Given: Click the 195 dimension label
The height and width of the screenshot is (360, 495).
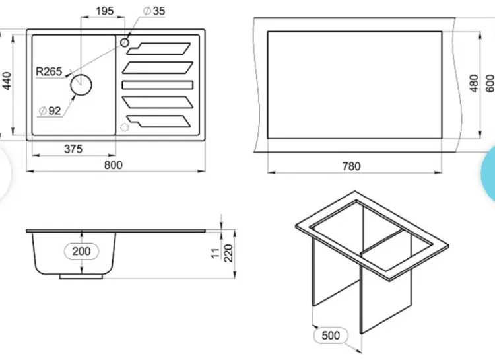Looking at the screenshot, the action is (x=104, y=11).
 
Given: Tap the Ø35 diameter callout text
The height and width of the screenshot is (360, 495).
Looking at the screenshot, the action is (x=154, y=11).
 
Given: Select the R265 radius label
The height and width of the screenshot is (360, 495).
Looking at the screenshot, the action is (x=49, y=71).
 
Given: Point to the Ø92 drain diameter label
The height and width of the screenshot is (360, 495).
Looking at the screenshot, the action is (x=50, y=110).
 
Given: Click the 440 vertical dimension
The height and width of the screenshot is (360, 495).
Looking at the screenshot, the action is (x=7, y=81).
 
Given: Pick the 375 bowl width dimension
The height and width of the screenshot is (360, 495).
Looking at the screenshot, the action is (x=73, y=149).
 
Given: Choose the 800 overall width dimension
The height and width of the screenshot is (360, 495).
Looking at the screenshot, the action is (x=114, y=165).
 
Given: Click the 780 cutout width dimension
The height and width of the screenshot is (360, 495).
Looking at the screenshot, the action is (x=351, y=166).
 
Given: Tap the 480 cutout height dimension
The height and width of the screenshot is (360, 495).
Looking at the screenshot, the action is (x=474, y=83).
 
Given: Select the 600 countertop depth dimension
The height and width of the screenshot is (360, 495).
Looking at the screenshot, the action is (x=490, y=83).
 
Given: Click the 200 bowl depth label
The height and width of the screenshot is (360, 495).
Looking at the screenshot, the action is (x=81, y=251).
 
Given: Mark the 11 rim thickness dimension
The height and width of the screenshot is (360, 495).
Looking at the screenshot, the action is (x=215, y=253).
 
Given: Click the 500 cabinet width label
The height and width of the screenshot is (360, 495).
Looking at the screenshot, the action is (x=331, y=336).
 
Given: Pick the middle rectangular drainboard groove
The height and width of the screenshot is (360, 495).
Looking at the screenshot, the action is (x=158, y=85).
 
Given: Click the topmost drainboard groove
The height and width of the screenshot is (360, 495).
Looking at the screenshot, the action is (x=159, y=49).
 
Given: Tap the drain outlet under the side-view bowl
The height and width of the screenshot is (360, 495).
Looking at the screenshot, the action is (x=81, y=277).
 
